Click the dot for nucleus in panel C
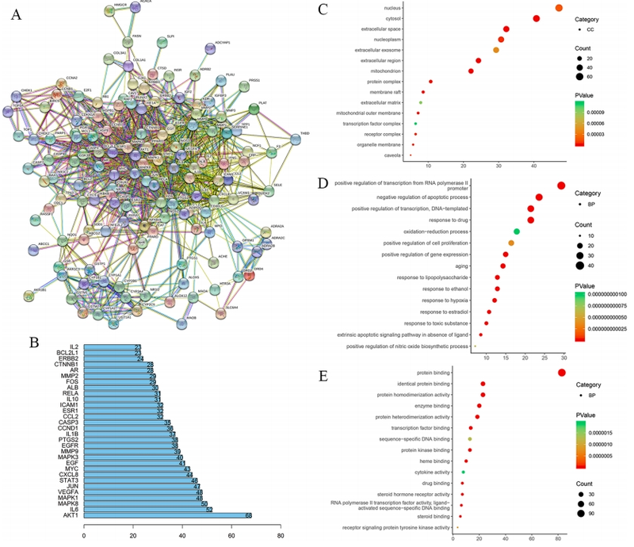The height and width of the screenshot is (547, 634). pos(559,8)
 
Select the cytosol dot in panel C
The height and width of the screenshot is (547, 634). pos(537,18)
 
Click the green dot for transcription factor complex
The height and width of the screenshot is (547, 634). pos(415,124)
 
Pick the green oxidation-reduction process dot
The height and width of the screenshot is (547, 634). pos(517,231)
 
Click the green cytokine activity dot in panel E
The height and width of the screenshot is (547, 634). pos(464,472)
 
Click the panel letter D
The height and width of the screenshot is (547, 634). pos(323,185)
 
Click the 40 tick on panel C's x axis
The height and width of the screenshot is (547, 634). pos(533,166)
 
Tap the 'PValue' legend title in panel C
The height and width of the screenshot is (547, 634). pos(586,94)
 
